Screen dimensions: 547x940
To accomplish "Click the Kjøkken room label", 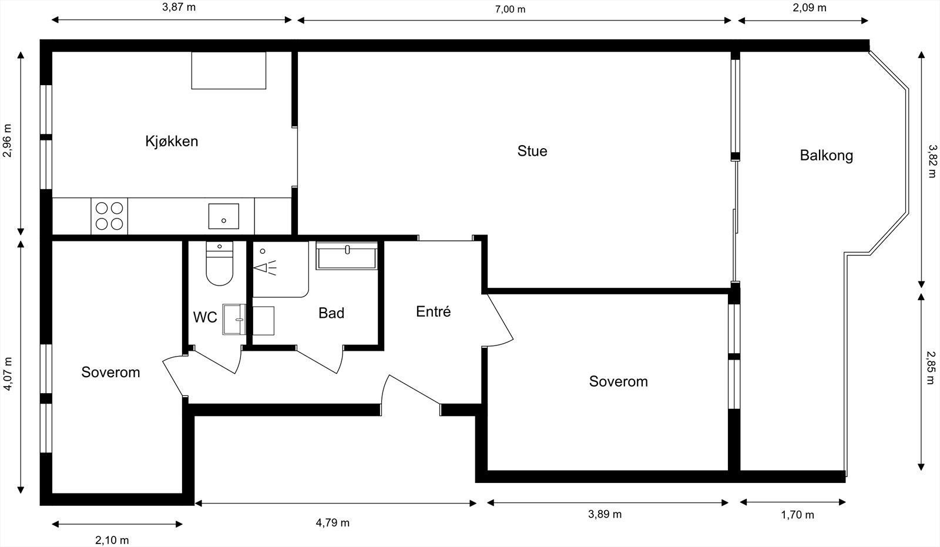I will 172,141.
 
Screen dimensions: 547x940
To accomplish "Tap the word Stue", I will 532,151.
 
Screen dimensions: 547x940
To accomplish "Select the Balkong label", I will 826,156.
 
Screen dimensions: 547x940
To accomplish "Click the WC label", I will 205,317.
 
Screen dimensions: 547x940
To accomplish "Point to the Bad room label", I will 331,313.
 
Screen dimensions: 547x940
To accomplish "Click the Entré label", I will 433,311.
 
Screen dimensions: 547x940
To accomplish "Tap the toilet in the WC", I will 220,265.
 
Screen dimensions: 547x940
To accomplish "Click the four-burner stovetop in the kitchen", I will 109,216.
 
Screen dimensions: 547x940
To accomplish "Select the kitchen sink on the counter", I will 224,216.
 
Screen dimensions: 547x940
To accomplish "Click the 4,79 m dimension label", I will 333,523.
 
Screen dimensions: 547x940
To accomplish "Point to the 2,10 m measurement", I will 112,540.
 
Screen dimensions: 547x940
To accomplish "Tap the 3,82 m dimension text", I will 931,162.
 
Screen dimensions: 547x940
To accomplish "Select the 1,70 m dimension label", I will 797,515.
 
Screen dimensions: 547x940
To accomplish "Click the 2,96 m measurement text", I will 8,141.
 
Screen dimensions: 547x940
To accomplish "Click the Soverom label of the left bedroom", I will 110,372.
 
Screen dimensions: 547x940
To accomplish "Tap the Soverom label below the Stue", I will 618,381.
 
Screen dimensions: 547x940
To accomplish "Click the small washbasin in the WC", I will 234,320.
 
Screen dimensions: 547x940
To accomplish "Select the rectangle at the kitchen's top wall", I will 229,71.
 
